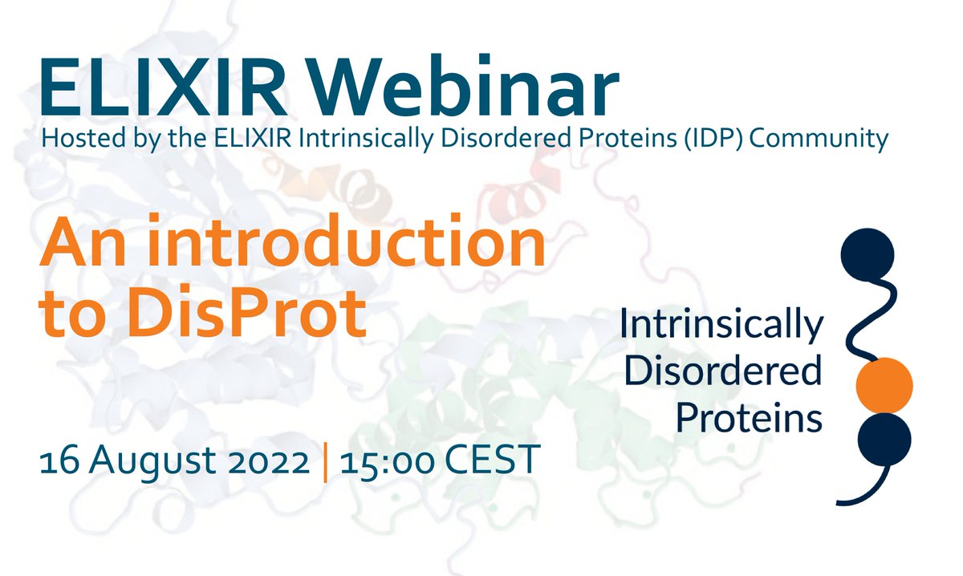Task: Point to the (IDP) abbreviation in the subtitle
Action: (x=727, y=139)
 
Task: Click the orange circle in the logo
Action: (x=884, y=385)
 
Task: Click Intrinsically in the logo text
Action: (x=721, y=327)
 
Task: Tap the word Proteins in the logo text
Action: (x=749, y=417)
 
